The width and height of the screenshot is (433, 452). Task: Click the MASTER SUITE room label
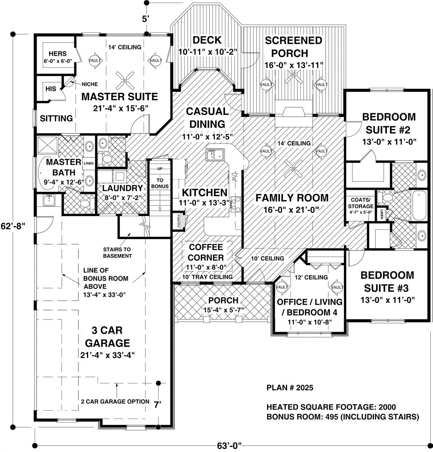[x=119, y=97]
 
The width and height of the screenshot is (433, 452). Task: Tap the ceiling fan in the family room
[x=293, y=168]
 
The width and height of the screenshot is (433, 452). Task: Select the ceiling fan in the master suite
[x=125, y=80]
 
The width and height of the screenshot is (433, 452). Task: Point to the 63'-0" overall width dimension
[x=229, y=446]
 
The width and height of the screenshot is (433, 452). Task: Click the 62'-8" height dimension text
[x=13, y=226]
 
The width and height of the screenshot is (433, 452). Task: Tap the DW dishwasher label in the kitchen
[x=235, y=177]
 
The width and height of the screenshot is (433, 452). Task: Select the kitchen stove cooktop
[x=236, y=204]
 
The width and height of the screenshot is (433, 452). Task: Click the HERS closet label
[x=58, y=53]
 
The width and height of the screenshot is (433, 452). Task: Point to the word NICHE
[x=90, y=84]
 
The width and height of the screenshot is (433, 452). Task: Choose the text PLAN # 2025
[x=290, y=388]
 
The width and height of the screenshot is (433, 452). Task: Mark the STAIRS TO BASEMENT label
[x=117, y=252]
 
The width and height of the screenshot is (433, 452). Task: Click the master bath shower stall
[x=47, y=145]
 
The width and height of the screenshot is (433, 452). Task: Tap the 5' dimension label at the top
[x=145, y=19]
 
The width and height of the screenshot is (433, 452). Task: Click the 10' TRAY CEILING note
[x=207, y=276]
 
